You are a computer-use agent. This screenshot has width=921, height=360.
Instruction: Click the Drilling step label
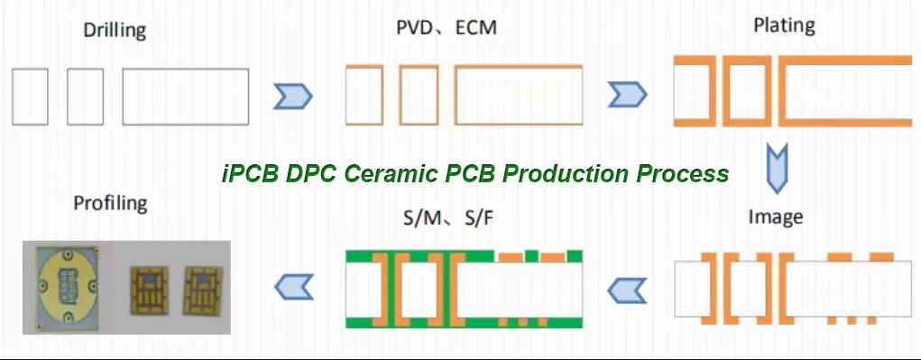click(x=115, y=30)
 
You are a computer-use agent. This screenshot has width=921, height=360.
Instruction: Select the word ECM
click(x=475, y=28)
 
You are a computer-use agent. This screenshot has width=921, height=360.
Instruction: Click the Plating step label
click(x=784, y=26)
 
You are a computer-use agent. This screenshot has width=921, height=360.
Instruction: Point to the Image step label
click(x=776, y=217)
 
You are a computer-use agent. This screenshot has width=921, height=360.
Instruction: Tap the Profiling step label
click(x=110, y=204)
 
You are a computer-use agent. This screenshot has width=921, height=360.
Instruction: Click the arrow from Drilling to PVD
click(x=292, y=97)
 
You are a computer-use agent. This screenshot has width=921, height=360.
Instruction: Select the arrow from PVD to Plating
click(x=627, y=95)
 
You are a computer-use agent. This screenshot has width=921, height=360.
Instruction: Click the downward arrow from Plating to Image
click(x=777, y=169)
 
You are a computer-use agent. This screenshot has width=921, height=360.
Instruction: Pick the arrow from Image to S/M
click(x=626, y=291)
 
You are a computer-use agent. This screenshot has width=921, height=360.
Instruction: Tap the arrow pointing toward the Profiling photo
click(x=294, y=287)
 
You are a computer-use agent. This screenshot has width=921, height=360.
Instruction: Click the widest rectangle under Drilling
click(x=186, y=97)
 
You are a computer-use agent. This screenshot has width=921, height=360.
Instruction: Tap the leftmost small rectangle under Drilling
click(x=30, y=97)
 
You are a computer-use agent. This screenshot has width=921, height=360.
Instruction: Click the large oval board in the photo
click(x=67, y=285)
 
